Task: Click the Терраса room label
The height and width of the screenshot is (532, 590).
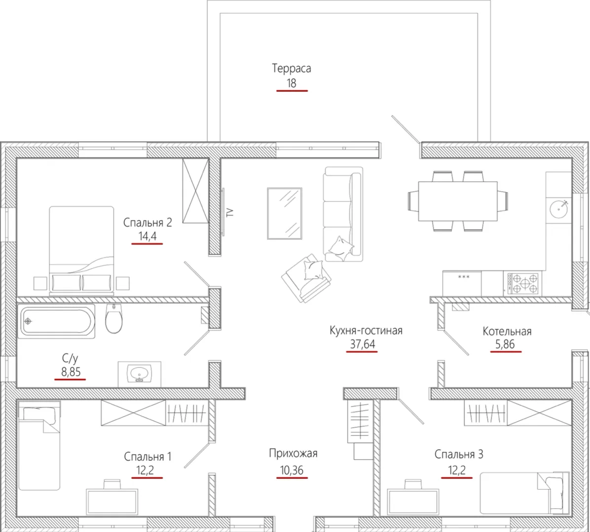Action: (x=291, y=69)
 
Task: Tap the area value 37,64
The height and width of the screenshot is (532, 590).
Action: (x=363, y=344)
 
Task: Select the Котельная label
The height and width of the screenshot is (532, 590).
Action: (x=507, y=332)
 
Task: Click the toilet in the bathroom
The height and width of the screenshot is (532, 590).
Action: (x=113, y=319)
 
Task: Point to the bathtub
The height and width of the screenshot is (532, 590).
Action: (x=56, y=321)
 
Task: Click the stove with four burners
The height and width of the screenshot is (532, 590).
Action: (x=523, y=283)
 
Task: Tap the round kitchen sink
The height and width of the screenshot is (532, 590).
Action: (x=558, y=209)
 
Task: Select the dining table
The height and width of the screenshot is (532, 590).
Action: (x=458, y=201)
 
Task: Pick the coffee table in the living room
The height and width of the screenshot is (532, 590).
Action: (x=285, y=213)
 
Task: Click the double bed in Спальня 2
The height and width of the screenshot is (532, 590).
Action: (x=81, y=249)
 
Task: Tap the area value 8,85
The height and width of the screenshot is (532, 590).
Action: (x=71, y=372)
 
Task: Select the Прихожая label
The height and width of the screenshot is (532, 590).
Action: (x=293, y=454)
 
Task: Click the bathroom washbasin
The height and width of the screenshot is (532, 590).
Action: (x=139, y=374)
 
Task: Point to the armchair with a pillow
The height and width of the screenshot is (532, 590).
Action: (x=306, y=277)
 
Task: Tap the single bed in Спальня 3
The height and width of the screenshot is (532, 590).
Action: (x=524, y=493)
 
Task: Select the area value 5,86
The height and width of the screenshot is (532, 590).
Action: (x=505, y=344)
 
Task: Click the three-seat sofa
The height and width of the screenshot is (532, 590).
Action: (x=343, y=214)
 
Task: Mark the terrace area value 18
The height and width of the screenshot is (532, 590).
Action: (x=292, y=83)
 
